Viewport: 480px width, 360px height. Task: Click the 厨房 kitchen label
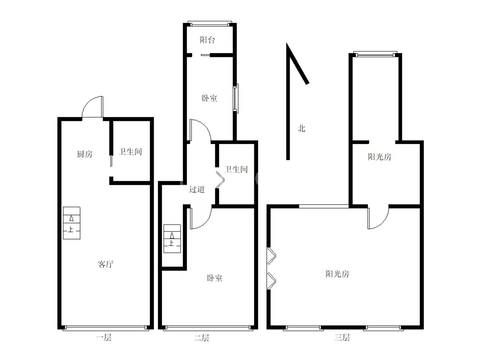85,154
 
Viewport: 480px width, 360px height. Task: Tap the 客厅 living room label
106,264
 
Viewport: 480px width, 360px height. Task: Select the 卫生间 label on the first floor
130,152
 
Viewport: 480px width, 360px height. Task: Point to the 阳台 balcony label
207,40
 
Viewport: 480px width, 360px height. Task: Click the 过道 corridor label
197,189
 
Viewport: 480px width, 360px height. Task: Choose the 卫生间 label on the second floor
236,169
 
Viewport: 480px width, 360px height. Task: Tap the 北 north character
302,128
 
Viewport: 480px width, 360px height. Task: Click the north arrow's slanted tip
287,43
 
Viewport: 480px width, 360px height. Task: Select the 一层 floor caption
104,337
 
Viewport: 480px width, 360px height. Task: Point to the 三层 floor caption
342,337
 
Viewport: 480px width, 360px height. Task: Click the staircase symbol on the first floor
72,223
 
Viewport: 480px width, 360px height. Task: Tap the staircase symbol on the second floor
172,239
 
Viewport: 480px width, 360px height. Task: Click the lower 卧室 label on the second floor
215,278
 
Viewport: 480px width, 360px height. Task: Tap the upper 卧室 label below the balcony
209,98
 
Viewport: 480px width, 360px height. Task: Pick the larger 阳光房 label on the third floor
337,274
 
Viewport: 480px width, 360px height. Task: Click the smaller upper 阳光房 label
380,157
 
